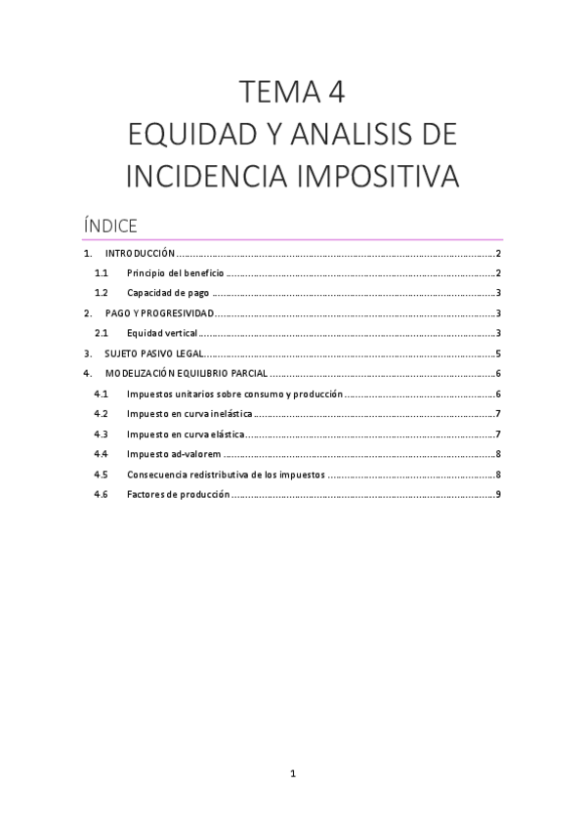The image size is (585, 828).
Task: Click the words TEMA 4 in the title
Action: click(x=292, y=94)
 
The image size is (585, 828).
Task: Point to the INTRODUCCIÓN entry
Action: click(x=140, y=254)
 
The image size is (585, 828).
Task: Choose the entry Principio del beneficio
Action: click(x=176, y=273)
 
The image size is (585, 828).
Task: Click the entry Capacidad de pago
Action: click(x=168, y=293)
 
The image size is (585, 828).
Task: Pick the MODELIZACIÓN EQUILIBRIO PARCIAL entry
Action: click(x=186, y=374)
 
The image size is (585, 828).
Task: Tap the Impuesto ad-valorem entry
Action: click(x=174, y=454)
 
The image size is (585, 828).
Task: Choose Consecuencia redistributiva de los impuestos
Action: click(x=226, y=475)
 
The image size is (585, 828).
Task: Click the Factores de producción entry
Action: click(x=178, y=494)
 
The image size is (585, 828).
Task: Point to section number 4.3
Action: click(x=101, y=434)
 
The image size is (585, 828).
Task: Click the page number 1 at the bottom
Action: click(x=293, y=776)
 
